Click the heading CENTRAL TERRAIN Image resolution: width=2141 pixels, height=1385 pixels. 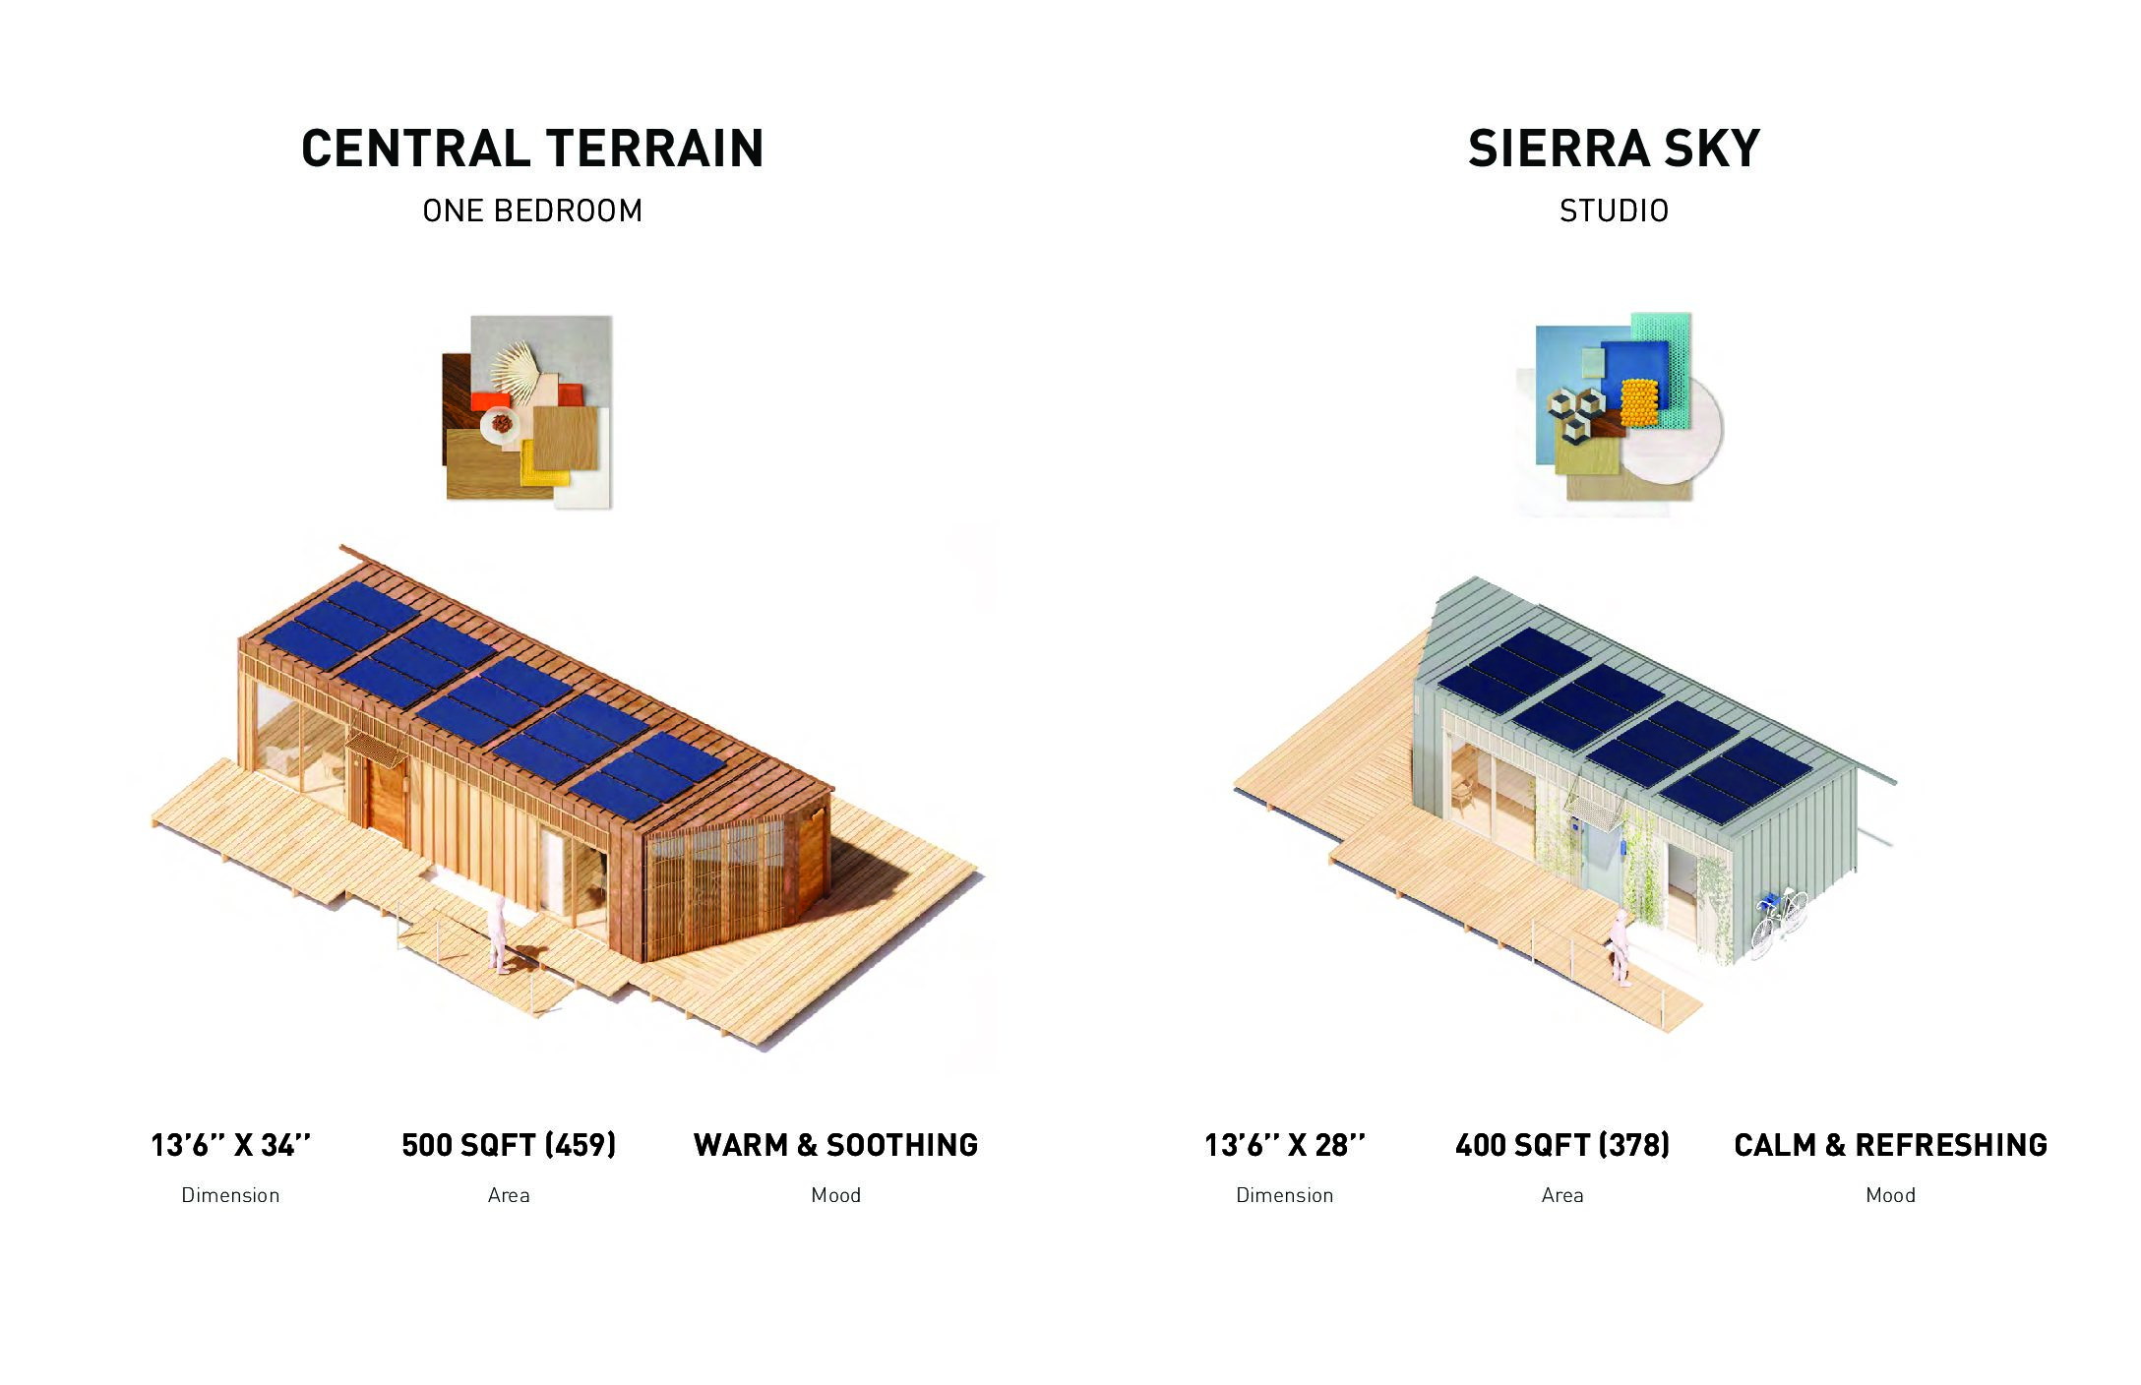pos(532,149)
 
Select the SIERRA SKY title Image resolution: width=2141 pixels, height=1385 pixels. pos(1614,149)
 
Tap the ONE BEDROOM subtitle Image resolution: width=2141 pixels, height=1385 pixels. pos(532,211)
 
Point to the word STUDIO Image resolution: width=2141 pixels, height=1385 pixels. pos(1614,211)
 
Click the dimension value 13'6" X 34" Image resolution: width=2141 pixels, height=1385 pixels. pos(230,1145)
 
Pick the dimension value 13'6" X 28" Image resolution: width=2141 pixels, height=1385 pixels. pos(1285,1145)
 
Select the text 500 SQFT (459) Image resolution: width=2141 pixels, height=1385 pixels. pos(509,1145)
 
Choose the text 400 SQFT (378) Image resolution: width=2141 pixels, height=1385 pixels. pos(1562,1145)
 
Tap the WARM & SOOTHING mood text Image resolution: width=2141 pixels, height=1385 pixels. pos(835,1145)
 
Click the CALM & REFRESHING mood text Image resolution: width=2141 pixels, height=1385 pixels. pos(1890,1145)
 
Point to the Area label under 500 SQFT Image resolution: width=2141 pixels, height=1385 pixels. pos(509,1195)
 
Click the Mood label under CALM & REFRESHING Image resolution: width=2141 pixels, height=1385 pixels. pos(1890,1195)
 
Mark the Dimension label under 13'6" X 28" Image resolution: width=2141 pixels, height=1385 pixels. pos(1285,1195)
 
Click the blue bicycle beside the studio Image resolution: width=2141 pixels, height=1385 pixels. pos(1779,920)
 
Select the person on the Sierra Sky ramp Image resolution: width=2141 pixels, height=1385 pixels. pos(1620,946)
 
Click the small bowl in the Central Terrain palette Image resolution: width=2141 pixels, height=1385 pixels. pos(501,424)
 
